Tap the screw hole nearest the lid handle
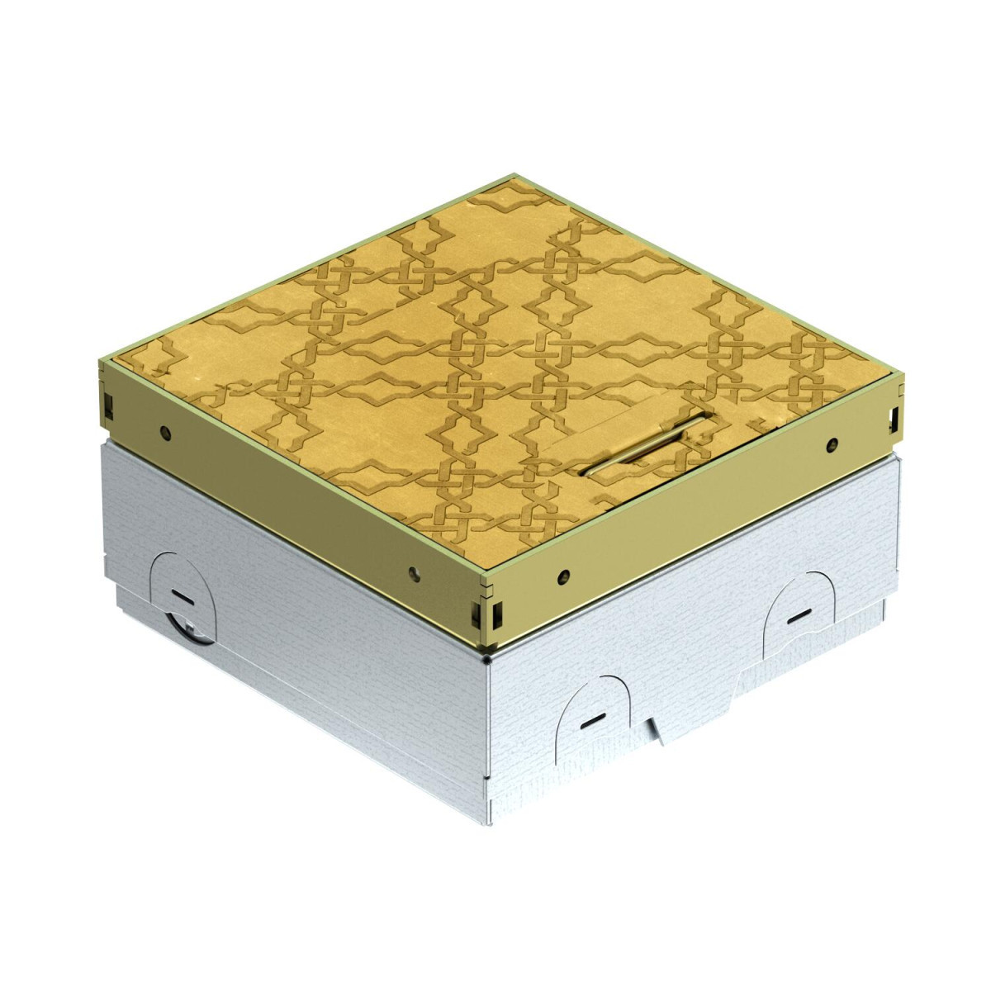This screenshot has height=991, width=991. pyautogui.click(x=832, y=443)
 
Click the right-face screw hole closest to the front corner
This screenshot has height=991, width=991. pyautogui.click(x=562, y=572)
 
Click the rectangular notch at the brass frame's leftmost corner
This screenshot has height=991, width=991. pyautogui.click(x=107, y=404)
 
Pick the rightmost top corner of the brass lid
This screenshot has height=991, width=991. pyautogui.click(x=903, y=377)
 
